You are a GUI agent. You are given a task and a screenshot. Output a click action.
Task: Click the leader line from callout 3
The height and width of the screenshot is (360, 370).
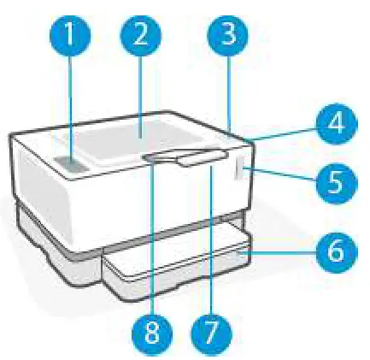click(x=231, y=94)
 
